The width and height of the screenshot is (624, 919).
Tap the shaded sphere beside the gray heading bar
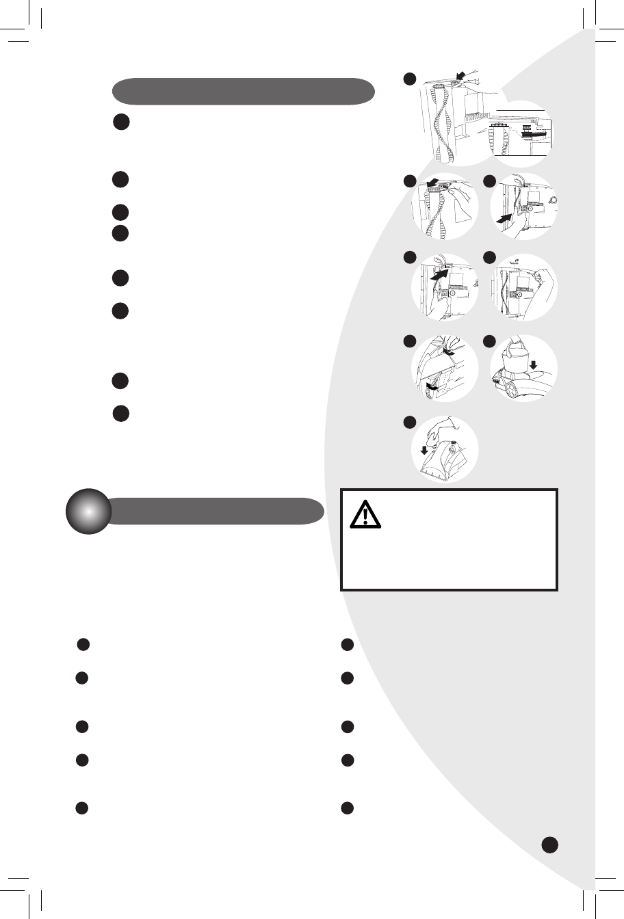88,511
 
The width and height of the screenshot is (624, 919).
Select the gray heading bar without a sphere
244,91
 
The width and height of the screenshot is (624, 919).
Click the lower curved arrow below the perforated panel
432,388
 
